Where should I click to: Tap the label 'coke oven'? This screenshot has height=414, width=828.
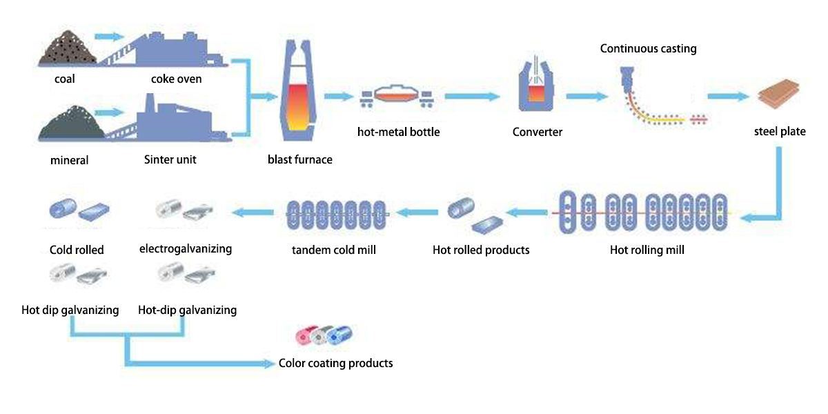pyautogui.click(x=177, y=79)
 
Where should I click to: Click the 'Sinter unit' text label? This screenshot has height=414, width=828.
pyautogui.click(x=170, y=159)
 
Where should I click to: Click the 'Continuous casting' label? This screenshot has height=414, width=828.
pyautogui.click(x=648, y=48)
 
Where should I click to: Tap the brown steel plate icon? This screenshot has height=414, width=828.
pyautogui.click(x=778, y=97)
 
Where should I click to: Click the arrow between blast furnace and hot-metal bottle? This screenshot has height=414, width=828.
pyautogui.click(x=339, y=97)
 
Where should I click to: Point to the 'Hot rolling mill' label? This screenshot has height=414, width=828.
pyautogui.click(x=647, y=250)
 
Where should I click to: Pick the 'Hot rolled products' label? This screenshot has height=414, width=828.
pyautogui.click(x=481, y=250)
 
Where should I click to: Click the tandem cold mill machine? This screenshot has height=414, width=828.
pyautogui.click(x=335, y=215)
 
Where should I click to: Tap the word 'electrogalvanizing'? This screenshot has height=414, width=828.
pyautogui.click(x=186, y=248)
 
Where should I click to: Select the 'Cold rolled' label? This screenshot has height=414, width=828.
pyautogui.click(x=77, y=250)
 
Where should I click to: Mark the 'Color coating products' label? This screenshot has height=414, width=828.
pyautogui.click(x=335, y=363)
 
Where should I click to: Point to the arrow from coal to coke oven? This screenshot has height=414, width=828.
pyautogui.click(x=108, y=36)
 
